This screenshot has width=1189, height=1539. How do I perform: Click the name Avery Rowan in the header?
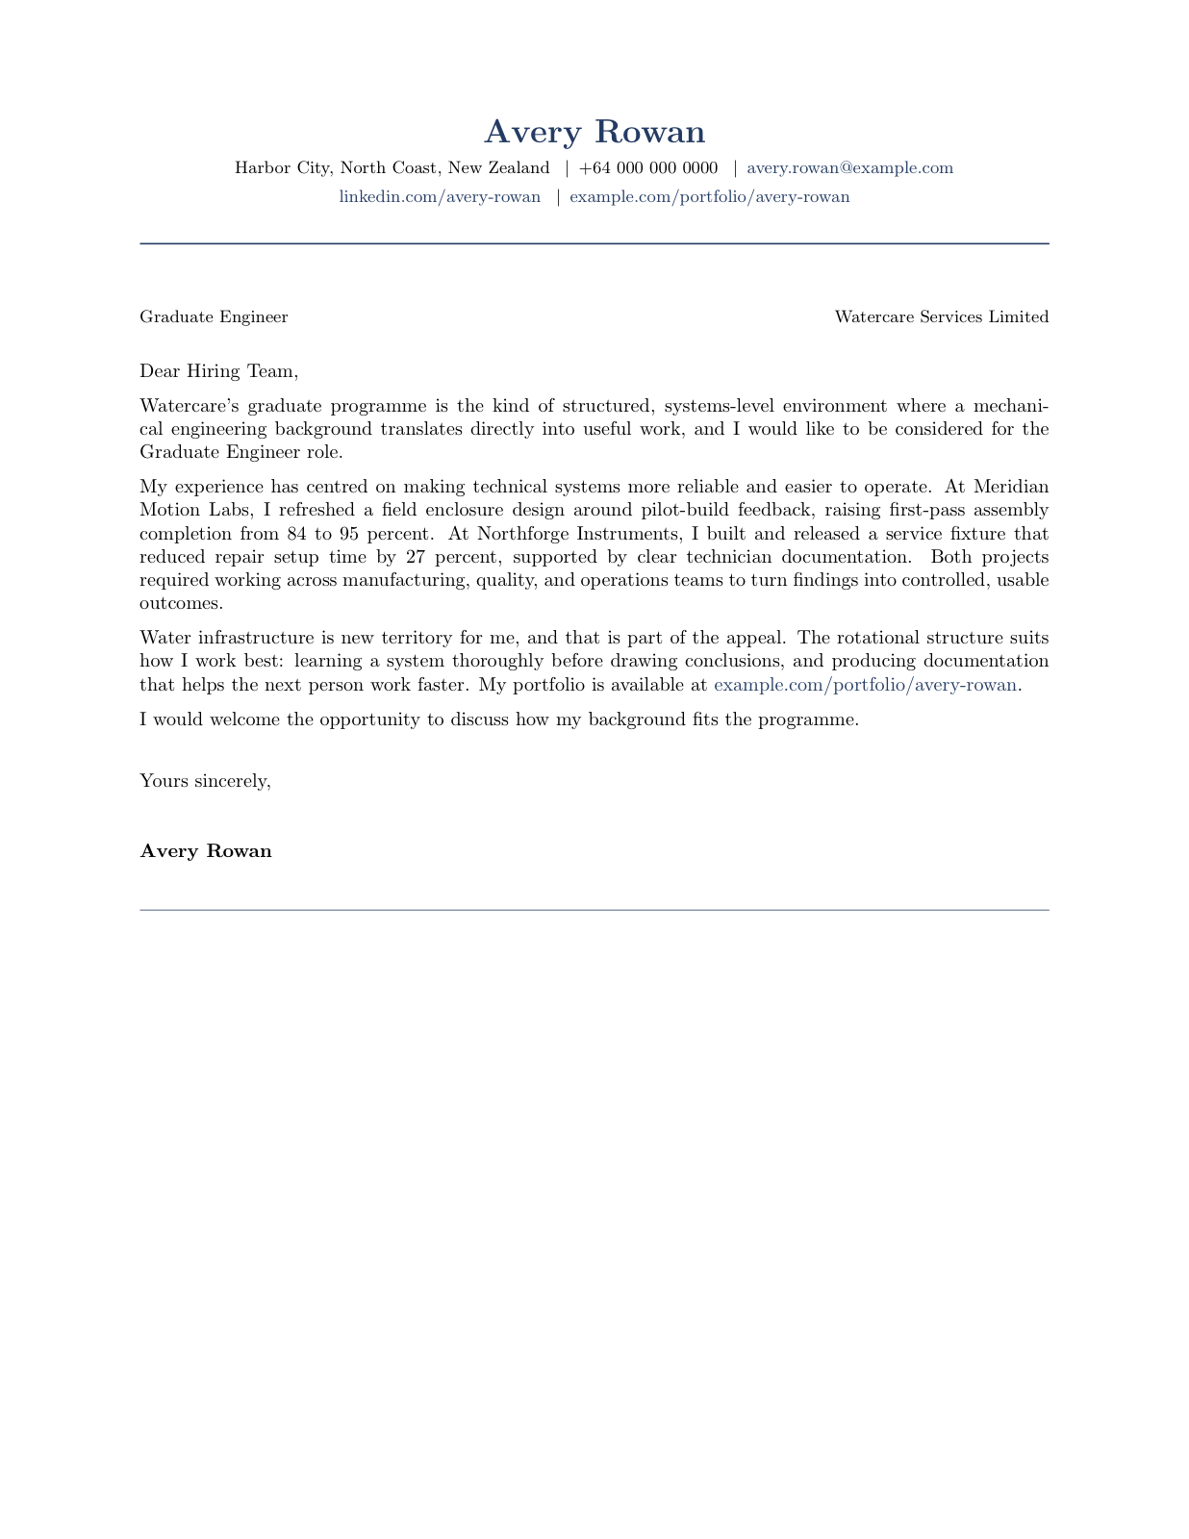pos(594,132)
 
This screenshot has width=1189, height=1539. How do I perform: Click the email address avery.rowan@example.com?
pos(849,168)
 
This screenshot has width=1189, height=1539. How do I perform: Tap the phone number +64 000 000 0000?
pos(648,168)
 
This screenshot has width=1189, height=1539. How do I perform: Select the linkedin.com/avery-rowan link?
pos(440,197)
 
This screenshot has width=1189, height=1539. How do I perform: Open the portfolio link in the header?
pos(709,197)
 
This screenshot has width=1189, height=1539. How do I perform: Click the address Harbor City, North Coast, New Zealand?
pos(392,168)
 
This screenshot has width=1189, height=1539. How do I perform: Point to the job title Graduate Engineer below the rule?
pos(214,317)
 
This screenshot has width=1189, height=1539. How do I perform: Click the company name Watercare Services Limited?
pos(941,317)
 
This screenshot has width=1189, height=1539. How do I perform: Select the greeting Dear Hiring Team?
pos(218,371)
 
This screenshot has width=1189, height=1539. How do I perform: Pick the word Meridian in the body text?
pos(1010,487)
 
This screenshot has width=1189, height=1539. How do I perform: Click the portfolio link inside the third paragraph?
pos(864,685)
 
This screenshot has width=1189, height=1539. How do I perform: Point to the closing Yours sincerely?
pos(205,781)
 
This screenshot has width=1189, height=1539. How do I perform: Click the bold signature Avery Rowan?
pos(206,851)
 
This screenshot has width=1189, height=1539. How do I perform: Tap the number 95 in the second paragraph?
pos(349,534)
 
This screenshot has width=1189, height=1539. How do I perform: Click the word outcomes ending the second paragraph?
pos(180,604)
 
